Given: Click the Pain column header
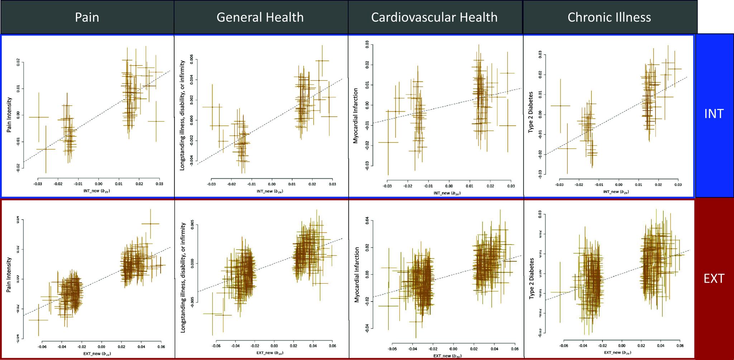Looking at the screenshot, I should pyautogui.click(x=87, y=17).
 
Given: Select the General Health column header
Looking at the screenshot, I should pyautogui.click(x=260, y=17).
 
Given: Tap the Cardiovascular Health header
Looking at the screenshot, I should pyautogui.click(x=434, y=17).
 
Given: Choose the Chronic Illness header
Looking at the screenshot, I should pyautogui.click(x=609, y=17).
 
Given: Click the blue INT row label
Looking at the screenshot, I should pyautogui.click(x=714, y=114).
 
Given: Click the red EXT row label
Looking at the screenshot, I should pyautogui.click(x=714, y=278).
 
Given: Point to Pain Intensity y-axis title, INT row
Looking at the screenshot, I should pyautogui.click(x=9, y=115).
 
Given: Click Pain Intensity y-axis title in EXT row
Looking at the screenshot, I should pyautogui.click(x=9, y=275).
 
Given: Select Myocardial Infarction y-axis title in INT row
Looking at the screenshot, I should pyautogui.click(x=356, y=116).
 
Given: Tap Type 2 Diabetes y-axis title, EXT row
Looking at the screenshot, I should pyautogui.click(x=532, y=278).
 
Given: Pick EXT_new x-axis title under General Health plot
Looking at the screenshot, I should pyautogui.click(x=274, y=353).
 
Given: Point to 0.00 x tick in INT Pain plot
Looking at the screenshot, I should pyautogui.click(x=99, y=184).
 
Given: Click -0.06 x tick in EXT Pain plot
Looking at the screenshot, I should pyautogui.click(x=42, y=347).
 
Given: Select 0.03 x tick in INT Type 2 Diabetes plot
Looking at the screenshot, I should pyautogui.click(x=678, y=184).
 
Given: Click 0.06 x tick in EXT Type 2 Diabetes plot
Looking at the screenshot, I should pyautogui.click(x=680, y=346).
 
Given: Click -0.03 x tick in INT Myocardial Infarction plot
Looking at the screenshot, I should pyautogui.click(x=387, y=186).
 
